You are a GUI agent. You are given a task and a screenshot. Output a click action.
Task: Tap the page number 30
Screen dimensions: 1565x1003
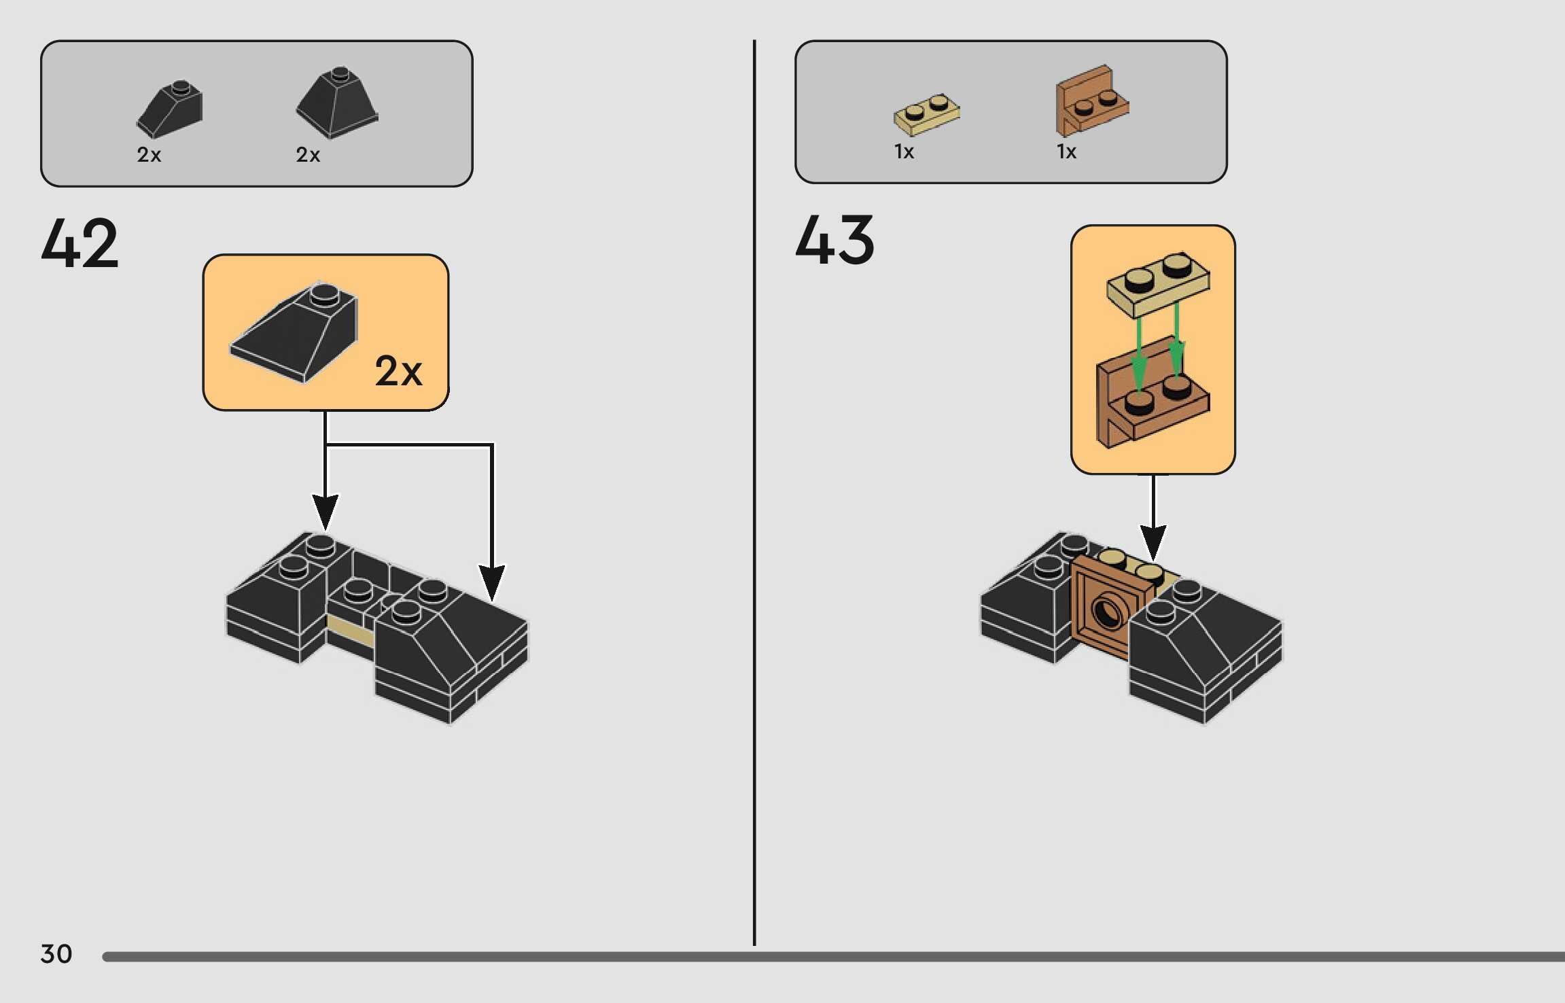pyautogui.click(x=56, y=954)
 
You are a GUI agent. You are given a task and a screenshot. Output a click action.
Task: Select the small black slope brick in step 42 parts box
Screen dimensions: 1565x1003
pyautogui.click(x=171, y=109)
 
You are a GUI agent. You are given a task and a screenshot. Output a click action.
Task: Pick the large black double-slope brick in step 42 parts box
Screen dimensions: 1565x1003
pyautogui.click(x=337, y=103)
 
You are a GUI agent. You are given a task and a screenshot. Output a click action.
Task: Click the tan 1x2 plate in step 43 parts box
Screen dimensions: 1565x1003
pyautogui.click(x=927, y=114)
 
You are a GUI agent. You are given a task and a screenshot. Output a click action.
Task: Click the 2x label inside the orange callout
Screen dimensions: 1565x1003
pyautogui.click(x=398, y=371)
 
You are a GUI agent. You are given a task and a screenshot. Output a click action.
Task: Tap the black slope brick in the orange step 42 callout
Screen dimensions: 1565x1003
pyautogui.click(x=296, y=332)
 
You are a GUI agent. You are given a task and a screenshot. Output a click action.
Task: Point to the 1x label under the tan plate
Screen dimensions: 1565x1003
pyautogui.click(x=904, y=152)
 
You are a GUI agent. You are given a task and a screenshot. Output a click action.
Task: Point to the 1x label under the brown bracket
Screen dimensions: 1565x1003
pyautogui.click(x=1066, y=152)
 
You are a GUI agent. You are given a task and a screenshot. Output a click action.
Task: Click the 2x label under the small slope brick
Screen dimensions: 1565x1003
pyautogui.click(x=149, y=155)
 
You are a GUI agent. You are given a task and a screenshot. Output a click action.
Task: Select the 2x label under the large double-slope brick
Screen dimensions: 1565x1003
pyautogui.click(x=308, y=155)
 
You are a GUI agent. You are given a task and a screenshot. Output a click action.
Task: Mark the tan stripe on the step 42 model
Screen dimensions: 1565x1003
pyautogui.click(x=350, y=631)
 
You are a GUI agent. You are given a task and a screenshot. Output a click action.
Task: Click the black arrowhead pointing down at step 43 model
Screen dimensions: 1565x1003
pyautogui.click(x=1153, y=541)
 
